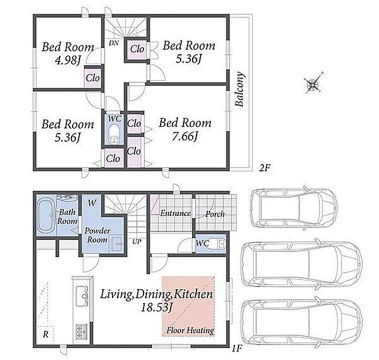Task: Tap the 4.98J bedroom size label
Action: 67,60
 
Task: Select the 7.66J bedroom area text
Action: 185,137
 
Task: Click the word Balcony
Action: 240,89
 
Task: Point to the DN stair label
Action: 114,43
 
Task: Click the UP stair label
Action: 137,242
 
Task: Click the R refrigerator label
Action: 45,334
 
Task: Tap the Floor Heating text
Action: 190,330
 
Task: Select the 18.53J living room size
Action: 156,307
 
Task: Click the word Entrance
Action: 175,213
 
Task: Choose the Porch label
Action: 215,214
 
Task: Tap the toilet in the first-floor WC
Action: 221,244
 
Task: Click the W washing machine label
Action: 91,203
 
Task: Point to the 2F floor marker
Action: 264,167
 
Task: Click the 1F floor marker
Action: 237,349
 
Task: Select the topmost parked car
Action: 294,208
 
